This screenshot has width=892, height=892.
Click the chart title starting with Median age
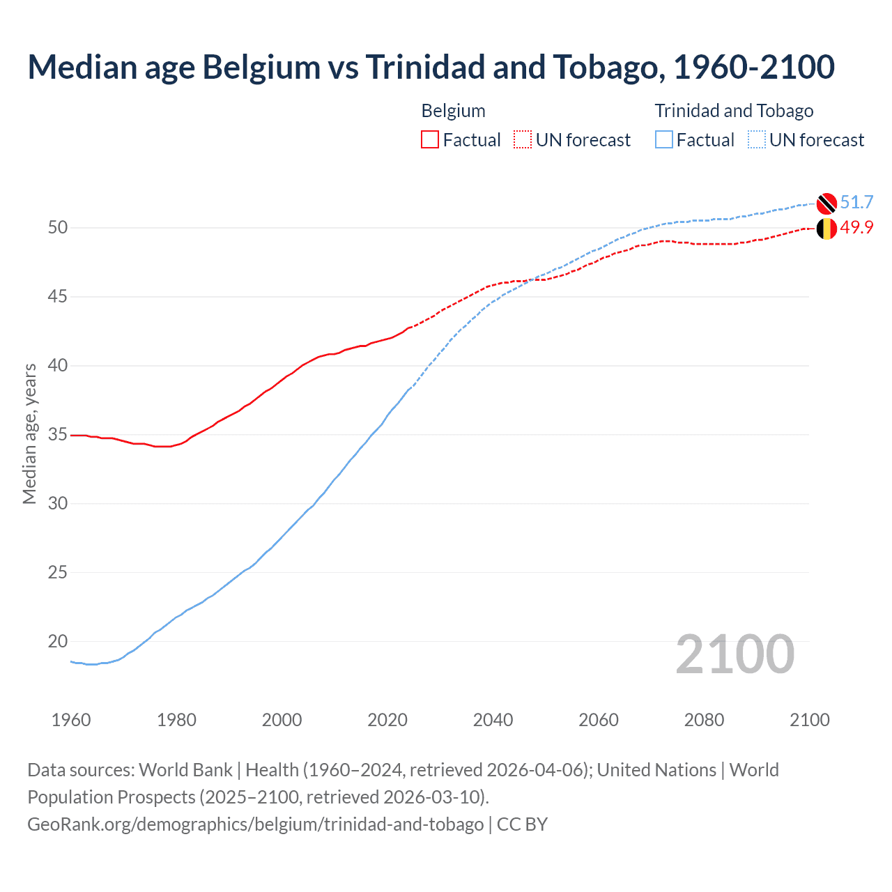click(x=431, y=67)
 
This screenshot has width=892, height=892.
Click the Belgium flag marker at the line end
click(x=826, y=229)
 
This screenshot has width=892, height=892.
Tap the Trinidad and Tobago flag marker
click(x=826, y=203)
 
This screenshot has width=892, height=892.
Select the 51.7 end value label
click(x=856, y=202)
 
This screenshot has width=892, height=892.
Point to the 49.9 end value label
click(x=856, y=228)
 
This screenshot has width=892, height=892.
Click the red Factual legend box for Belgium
click(x=430, y=139)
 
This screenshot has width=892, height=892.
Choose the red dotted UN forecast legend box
click(x=523, y=139)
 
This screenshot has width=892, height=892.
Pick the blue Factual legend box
click(x=663, y=139)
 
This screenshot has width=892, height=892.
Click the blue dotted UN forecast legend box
click(x=756, y=139)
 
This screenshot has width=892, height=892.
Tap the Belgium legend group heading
click(x=453, y=111)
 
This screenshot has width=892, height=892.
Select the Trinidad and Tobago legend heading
click(x=734, y=111)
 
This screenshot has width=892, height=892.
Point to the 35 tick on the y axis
click(x=58, y=435)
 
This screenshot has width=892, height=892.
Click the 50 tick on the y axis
click(x=58, y=228)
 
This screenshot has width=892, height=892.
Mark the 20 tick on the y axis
click(x=58, y=641)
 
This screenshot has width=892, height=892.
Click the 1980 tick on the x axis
click(x=176, y=720)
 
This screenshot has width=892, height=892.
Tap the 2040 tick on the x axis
click(x=493, y=720)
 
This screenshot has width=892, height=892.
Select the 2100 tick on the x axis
click(x=809, y=720)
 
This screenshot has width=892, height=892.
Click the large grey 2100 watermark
click(x=735, y=654)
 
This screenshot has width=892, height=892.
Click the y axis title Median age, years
click(x=29, y=433)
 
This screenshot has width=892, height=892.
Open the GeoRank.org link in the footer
click(x=255, y=824)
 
